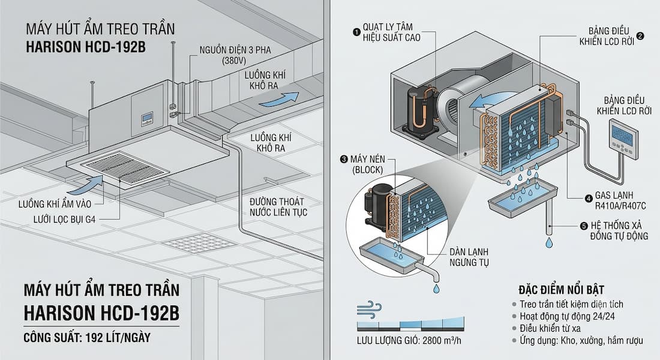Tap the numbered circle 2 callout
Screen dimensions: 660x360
point(640,36)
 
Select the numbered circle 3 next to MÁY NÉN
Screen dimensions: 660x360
point(344,159)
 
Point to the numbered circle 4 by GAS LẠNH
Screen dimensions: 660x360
point(589,199)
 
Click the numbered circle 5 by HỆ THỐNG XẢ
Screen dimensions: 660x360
point(584,226)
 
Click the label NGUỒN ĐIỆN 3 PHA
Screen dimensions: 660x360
point(235,50)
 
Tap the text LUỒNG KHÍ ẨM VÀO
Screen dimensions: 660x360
point(55,204)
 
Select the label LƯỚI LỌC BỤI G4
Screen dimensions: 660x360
point(64,220)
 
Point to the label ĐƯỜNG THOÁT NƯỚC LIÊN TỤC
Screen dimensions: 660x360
point(278,207)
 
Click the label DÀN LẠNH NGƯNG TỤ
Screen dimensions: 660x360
point(469,257)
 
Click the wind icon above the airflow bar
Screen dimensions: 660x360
point(369,308)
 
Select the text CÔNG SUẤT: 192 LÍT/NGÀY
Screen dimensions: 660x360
point(87,338)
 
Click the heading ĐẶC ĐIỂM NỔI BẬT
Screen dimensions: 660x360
point(562,290)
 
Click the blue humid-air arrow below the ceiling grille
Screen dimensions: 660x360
point(85,185)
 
